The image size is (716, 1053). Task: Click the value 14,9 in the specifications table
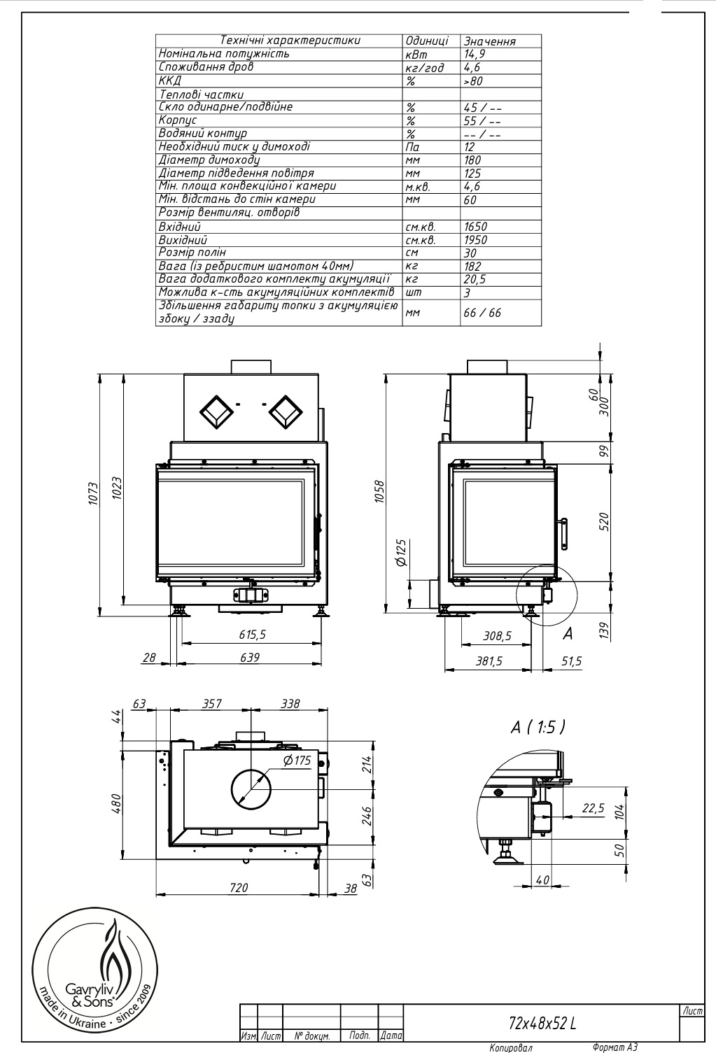(x=475, y=54)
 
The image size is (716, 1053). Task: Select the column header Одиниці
(x=427, y=41)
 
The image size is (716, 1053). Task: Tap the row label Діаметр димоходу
(x=209, y=160)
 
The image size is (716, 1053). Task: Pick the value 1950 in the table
(x=476, y=240)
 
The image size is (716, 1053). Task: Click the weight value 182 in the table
(x=472, y=267)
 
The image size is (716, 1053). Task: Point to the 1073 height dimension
(x=93, y=493)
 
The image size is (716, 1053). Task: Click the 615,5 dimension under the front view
(x=253, y=635)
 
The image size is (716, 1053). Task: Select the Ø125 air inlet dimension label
(x=402, y=553)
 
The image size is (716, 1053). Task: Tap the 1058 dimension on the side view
(x=380, y=492)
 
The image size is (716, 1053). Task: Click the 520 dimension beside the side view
(x=604, y=522)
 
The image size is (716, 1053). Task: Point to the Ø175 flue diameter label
(x=297, y=760)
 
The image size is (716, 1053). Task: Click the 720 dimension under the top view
(x=239, y=887)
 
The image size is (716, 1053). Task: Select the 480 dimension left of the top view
(x=117, y=803)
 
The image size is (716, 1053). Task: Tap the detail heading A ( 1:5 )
(x=538, y=727)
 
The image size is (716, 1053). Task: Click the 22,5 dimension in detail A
(x=594, y=808)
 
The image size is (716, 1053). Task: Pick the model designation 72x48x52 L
(x=542, y=1023)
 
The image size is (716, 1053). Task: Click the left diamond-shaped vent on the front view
(x=216, y=412)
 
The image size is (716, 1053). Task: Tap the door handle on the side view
(x=563, y=534)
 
